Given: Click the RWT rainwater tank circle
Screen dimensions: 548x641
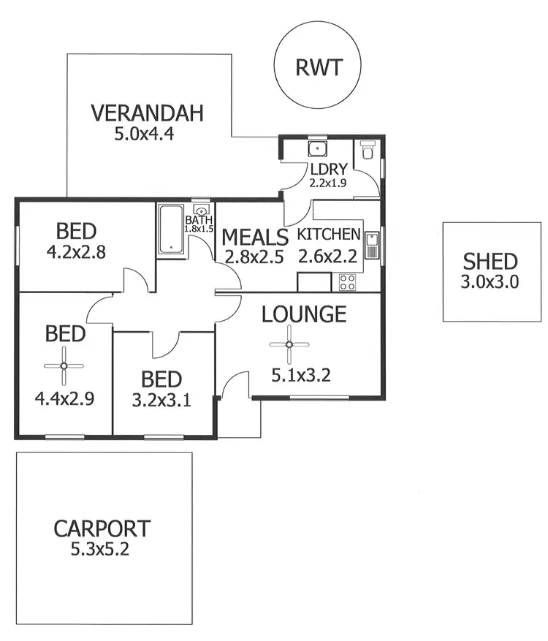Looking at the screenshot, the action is pyautogui.click(x=318, y=67).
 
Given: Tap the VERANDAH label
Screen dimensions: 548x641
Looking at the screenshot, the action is pyautogui.click(x=146, y=114).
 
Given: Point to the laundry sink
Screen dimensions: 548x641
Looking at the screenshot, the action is pyautogui.click(x=317, y=149).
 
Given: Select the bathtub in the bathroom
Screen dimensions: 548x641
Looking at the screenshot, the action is pyautogui.click(x=171, y=230).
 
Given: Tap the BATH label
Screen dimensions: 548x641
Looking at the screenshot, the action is pyautogui.click(x=198, y=219).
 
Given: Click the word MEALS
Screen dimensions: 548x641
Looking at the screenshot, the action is pyautogui.click(x=255, y=237).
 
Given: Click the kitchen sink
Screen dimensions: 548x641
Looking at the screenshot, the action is pyautogui.click(x=371, y=244).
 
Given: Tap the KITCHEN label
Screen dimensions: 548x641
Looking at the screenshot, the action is pyautogui.click(x=329, y=235).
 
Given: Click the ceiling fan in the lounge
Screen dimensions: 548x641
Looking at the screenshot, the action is pyautogui.click(x=289, y=345).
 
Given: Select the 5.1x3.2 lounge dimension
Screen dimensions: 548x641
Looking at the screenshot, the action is pyautogui.click(x=301, y=376).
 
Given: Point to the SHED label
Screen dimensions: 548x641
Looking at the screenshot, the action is pyautogui.click(x=490, y=261).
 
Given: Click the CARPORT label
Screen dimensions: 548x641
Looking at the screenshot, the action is pyautogui.click(x=102, y=528).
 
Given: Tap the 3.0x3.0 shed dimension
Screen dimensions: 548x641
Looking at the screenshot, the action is pyautogui.click(x=490, y=282).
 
